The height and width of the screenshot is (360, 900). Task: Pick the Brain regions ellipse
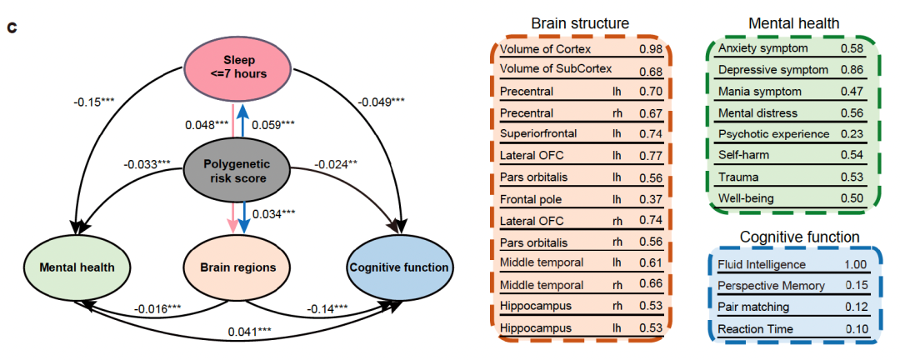[238, 268]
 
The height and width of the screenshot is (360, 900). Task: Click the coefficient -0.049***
[382, 102]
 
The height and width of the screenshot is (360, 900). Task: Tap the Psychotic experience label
[773, 134]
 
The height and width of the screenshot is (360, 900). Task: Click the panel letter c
[12, 28]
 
